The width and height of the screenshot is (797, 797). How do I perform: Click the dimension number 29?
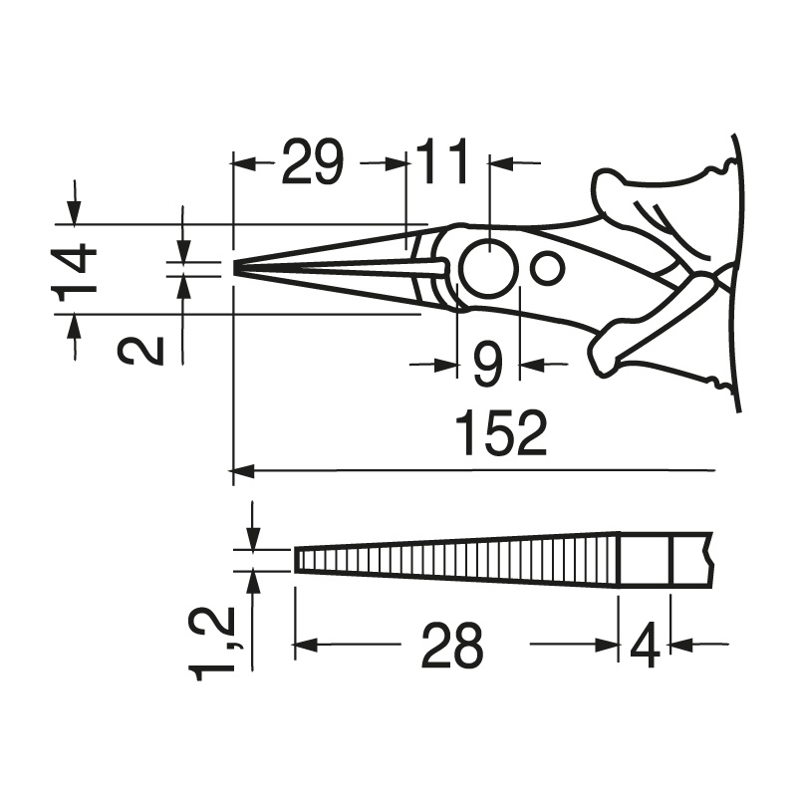click(313, 161)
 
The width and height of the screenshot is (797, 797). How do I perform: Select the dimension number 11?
click(442, 161)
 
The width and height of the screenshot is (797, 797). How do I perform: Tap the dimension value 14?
click(75, 269)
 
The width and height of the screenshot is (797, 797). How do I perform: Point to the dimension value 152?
click(501, 433)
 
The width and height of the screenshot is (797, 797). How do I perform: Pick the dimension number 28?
click(452, 645)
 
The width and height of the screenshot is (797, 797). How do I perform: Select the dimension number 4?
click(645, 645)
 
